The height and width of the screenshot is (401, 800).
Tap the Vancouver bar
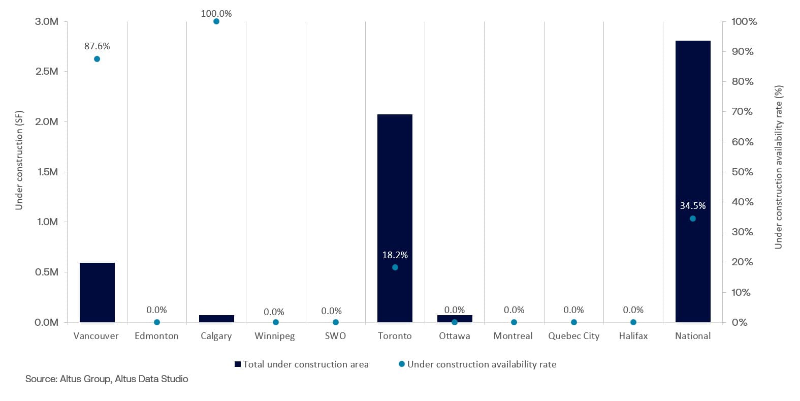tap(97, 292)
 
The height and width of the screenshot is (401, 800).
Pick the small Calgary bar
tap(216, 319)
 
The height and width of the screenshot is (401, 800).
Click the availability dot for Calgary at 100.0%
tap(216, 21)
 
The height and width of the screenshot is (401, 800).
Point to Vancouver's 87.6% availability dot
tap(97, 59)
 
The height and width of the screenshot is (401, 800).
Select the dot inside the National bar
tap(692, 219)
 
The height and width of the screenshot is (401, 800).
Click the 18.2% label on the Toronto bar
tap(395, 255)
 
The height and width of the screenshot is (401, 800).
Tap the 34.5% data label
tap(692, 206)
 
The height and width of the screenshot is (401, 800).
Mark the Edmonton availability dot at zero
tap(157, 322)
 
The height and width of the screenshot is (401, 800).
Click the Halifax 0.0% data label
tap(633, 310)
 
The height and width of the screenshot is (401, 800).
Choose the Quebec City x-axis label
tap(573, 336)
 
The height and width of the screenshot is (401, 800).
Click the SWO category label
tap(335, 336)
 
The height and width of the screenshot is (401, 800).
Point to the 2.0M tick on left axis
tap(47, 121)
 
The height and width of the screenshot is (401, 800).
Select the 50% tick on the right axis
tap(742, 172)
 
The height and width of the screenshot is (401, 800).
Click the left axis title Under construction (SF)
tap(19, 160)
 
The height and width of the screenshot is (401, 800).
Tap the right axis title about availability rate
tap(778, 167)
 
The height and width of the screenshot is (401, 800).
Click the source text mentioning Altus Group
tap(107, 379)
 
